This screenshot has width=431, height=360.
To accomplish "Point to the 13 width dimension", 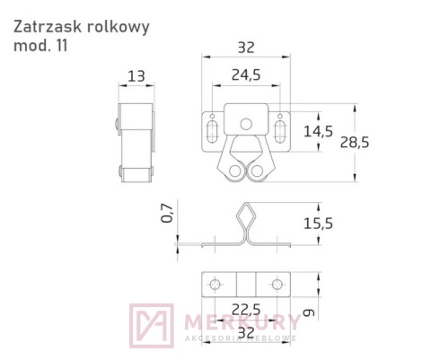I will (x=136, y=77).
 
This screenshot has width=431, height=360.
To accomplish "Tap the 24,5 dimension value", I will (x=241, y=77).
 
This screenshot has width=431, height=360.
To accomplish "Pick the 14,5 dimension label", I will (x=318, y=131).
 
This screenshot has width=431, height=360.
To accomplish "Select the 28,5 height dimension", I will (x=382, y=142).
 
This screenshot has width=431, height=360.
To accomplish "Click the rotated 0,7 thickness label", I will (x=166, y=213).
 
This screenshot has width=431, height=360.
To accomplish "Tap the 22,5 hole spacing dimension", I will (x=241, y=310).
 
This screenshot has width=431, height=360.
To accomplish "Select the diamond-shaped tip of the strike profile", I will (x=245, y=215).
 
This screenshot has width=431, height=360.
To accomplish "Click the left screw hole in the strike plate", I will (x=215, y=284).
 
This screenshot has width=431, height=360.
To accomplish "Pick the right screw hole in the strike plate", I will (x=276, y=284).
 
